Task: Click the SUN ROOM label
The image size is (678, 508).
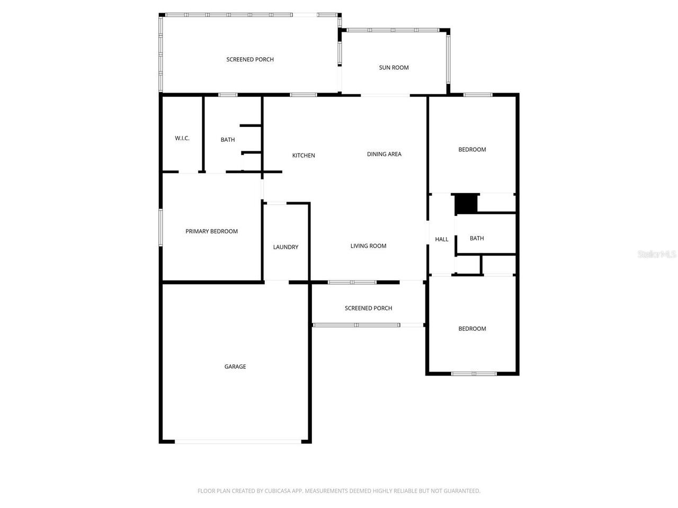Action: [x=394, y=68]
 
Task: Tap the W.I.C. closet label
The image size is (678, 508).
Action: [x=182, y=139]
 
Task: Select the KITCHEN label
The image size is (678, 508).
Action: [x=304, y=156]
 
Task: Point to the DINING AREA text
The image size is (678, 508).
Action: [x=384, y=155]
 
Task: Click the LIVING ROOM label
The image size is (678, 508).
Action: [x=368, y=246]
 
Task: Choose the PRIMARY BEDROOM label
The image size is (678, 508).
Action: [x=211, y=231]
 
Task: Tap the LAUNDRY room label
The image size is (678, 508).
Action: [x=286, y=247]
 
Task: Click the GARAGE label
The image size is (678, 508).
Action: [x=235, y=367]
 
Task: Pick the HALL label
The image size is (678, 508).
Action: [x=442, y=240]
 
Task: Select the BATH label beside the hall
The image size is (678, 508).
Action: [x=477, y=239]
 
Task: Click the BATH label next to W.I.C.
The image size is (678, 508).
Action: [x=228, y=140]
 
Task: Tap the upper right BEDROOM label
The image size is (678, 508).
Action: [x=472, y=150]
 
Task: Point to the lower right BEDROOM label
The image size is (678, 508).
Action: [x=472, y=329]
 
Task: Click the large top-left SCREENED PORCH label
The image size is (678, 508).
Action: [x=250, y=60]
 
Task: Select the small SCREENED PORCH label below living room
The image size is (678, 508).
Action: [x=368, y=309]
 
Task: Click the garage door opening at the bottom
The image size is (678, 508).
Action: [x=238, y=441]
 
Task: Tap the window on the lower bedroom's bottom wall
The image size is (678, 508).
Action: [x=474, y=374]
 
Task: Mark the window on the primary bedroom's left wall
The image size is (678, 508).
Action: [x=161, y=228]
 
